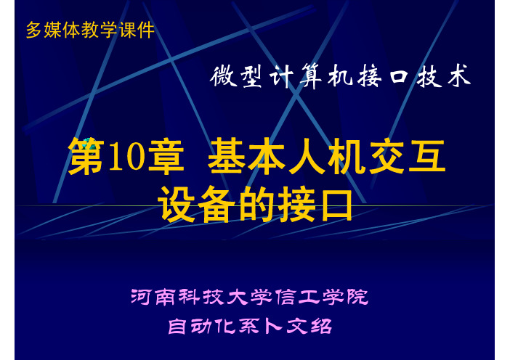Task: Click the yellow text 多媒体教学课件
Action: pos(90,30)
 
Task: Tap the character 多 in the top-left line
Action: pos(34,30)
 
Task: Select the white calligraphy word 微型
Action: pos(236,76)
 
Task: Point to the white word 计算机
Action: pos(312,76)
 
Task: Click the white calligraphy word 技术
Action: pos(444,76)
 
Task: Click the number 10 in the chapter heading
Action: pos(126,157)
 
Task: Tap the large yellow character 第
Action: pos(86,157)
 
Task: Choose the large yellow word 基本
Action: pos(246,157)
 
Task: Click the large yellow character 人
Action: pos(307,157)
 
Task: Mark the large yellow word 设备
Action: pos(197,205)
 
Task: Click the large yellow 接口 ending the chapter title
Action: pos(315,205)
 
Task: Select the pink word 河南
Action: pos(154,297)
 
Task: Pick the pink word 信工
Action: pos(297,297)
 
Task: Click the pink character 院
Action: pos(357,297)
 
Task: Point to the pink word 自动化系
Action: pos(214,326)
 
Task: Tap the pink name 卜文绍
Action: pos(298,326)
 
